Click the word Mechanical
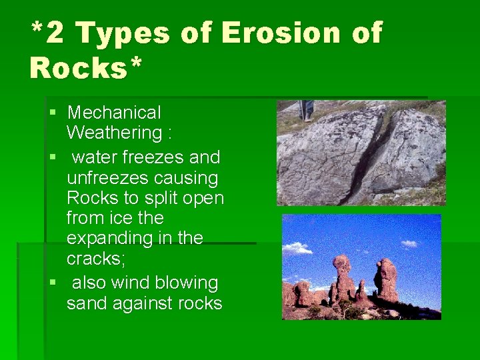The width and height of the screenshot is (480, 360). coord(114,113)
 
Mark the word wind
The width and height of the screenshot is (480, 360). coord(129,283)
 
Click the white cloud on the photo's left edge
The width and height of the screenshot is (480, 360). coord(297,248)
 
